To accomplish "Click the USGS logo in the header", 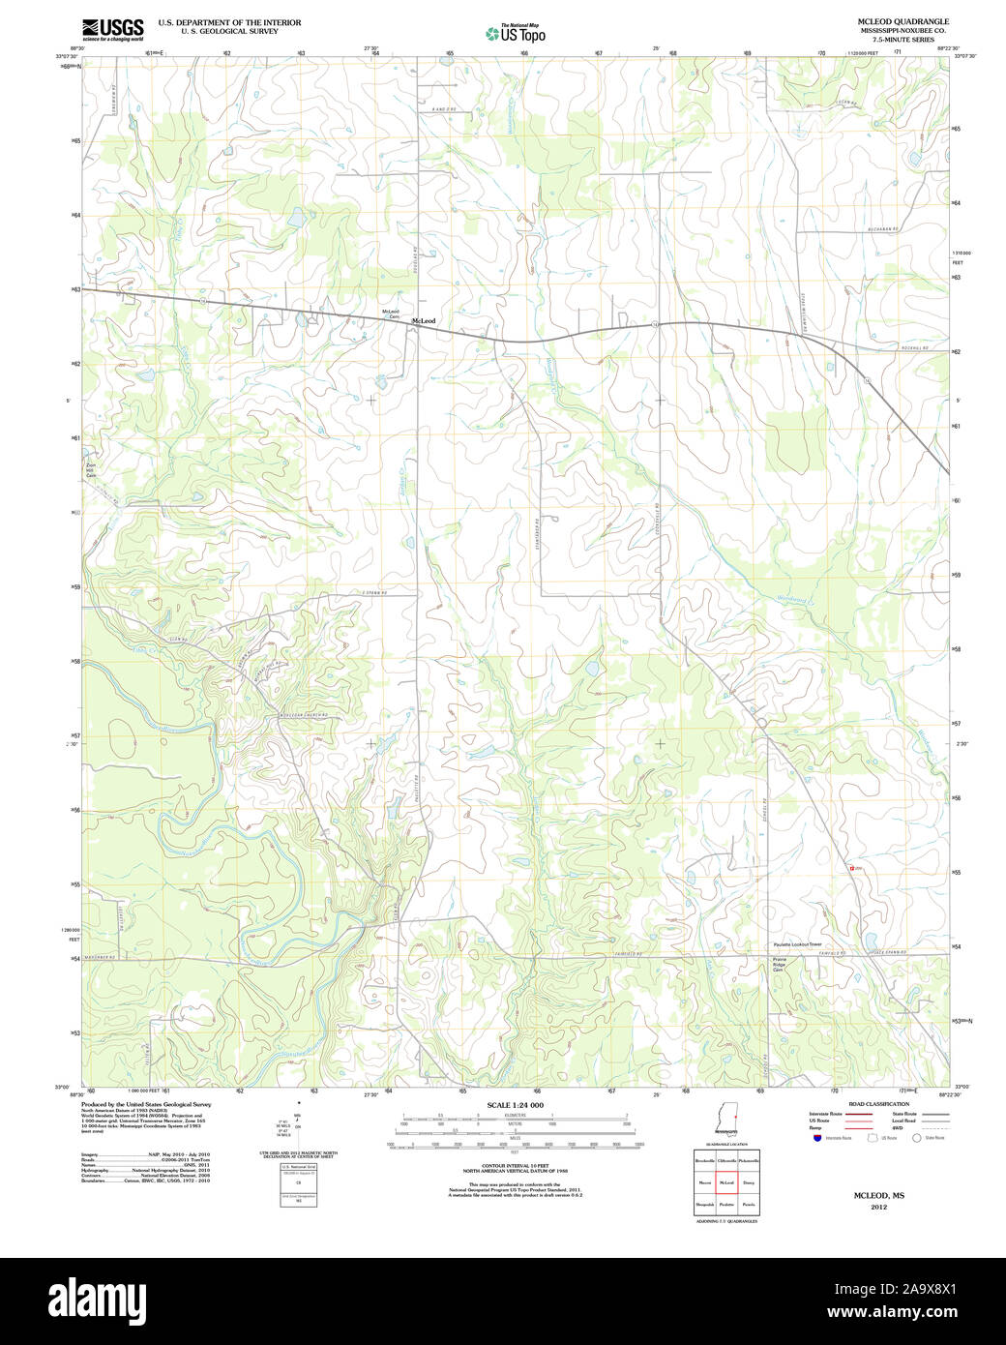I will tap(112, 29).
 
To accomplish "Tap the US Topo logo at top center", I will tap(516, 34).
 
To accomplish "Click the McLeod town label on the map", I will tap(424, 321).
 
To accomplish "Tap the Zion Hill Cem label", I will tap(91, 470).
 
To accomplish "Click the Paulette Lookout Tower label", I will tap(796, 944).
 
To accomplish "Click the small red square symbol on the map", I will tap(851, 868).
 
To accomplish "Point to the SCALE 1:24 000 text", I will tap(515, 1105).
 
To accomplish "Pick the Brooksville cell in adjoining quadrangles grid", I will tap(704, 1160).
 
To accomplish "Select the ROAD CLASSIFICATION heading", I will tap(878, 1104).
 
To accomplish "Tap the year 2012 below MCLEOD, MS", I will tap(878, 1208).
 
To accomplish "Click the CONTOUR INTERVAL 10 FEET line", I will tap(515, 1166).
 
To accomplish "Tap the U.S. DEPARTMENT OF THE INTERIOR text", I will tap(229, 22).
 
